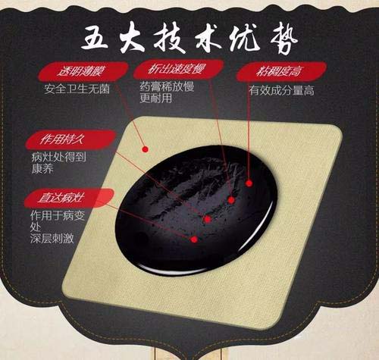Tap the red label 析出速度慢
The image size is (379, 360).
[x=178, y=69]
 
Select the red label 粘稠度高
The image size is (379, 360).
[x=281, y=71]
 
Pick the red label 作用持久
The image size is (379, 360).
[x=70, y=139]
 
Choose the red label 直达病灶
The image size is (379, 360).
[x=69, y=198]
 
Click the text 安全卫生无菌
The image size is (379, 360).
[x=77, y=89]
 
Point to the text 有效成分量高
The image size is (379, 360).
[x=281, y=90]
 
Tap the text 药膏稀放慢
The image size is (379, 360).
[x=167, y=86]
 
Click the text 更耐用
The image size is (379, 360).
[x=156, y=99]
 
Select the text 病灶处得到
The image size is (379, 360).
[x=58, y=157]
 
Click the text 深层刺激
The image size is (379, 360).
[x=52, y=238]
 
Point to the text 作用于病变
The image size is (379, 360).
[x=58, y=216]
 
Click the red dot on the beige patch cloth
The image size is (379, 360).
[x=145, y=149]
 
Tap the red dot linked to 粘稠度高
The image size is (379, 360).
[x=249, y=183]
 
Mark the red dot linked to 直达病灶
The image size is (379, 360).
[x=194, y=239]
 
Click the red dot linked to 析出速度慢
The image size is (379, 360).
[x=231, y=200]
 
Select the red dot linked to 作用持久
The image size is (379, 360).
[x=208, y=219]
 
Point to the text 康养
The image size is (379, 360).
[x=42, y=169]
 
